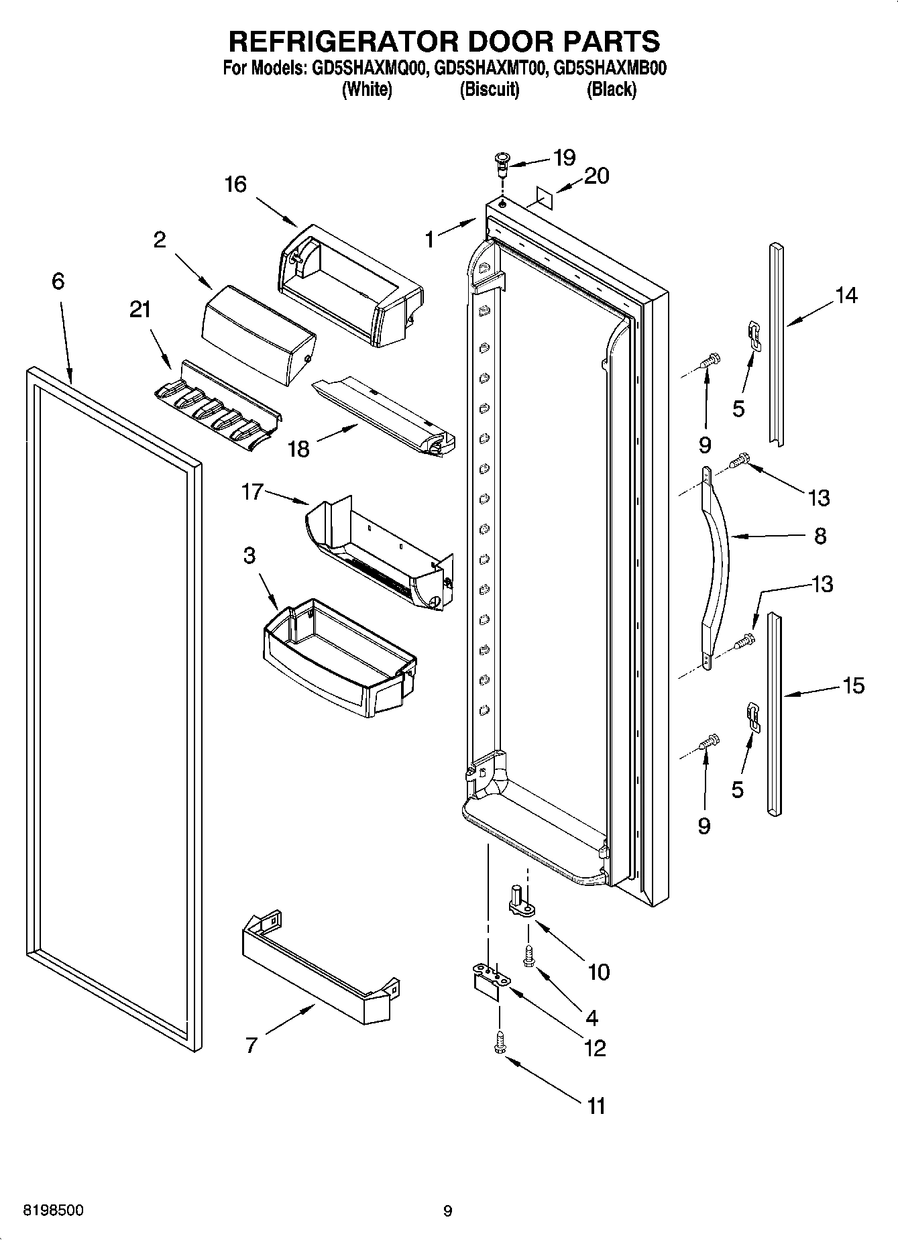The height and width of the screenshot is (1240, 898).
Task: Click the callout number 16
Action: [x=235, y=184]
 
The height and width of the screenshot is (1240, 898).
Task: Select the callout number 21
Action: [x=139, y=310]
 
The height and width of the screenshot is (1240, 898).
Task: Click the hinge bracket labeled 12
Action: [x=489, y=978]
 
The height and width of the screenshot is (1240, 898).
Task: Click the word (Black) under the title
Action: [x=611, y=89]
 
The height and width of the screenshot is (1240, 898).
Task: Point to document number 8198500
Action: [x=54, y=1210]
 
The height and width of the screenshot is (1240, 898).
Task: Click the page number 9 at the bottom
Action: [x=448, y=1211]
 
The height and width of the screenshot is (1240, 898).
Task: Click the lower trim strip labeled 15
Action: [x=775, y=714]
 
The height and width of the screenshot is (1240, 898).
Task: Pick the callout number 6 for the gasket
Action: [x=58, y=281]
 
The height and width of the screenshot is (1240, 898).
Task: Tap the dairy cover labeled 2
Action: [x=258, y=335]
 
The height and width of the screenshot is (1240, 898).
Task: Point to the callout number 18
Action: [x=298, y=449]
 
